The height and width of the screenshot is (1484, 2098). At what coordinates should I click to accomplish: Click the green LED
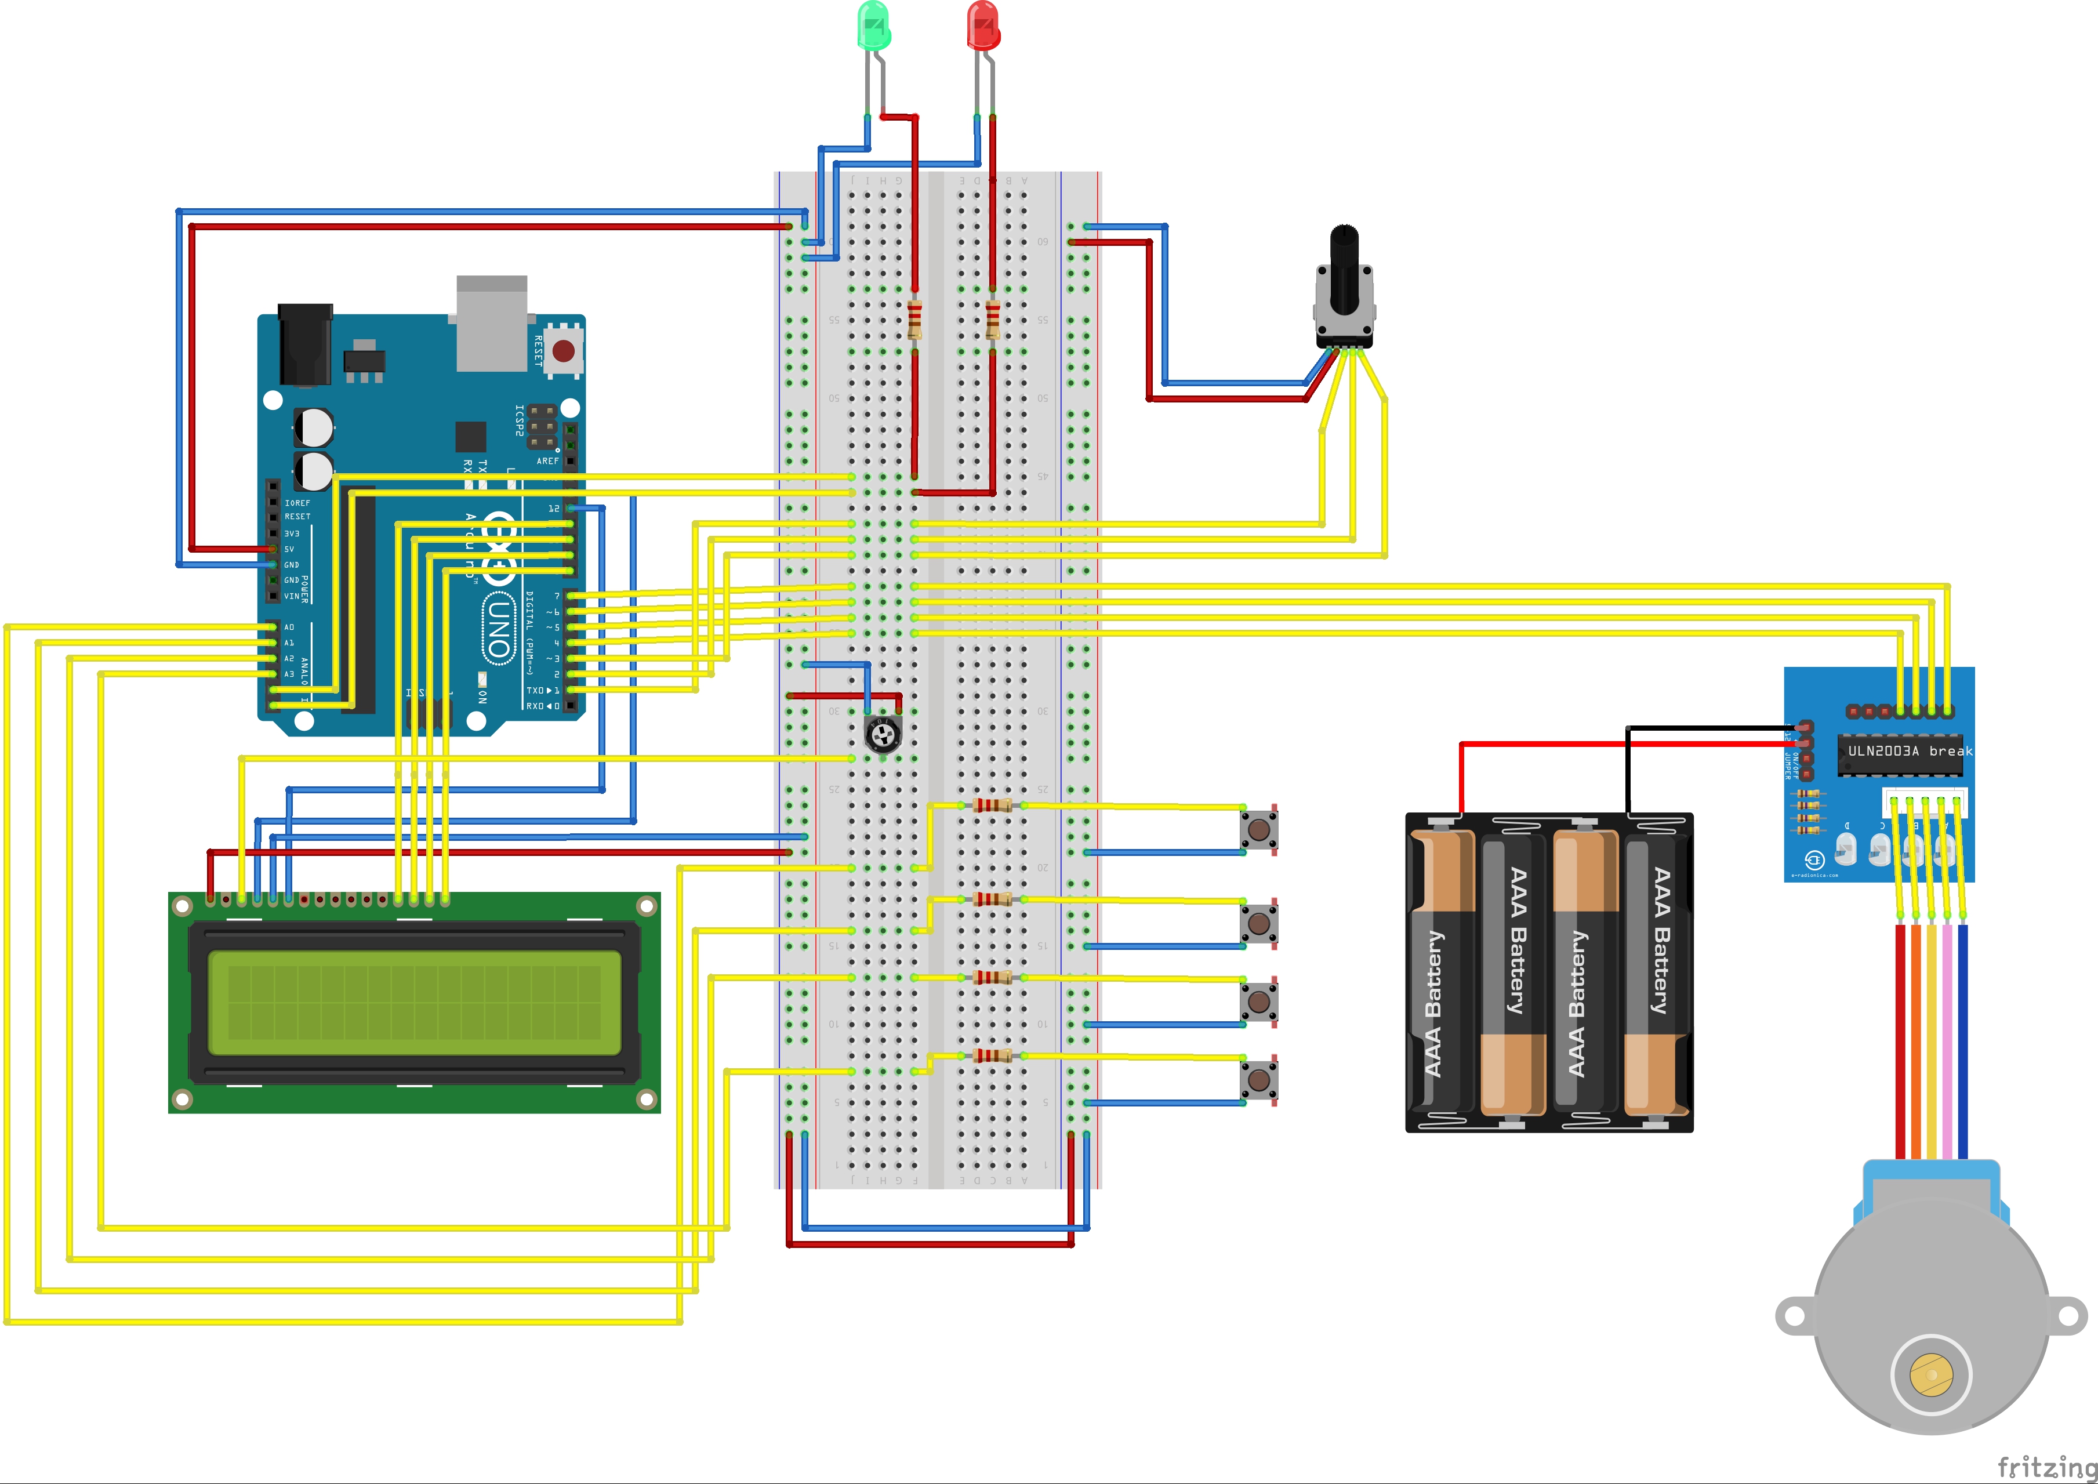pos(873,26)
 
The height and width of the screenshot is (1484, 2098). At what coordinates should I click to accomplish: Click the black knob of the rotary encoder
pos(1343,265)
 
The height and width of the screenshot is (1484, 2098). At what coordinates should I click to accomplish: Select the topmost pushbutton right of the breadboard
pos(1258,829)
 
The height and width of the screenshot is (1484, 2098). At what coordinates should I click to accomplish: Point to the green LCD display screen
pos(414,1003)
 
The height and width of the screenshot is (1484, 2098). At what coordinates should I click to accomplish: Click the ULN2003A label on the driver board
pos(1882,751)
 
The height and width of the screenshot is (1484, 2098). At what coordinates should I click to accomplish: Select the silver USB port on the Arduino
pos(492,322)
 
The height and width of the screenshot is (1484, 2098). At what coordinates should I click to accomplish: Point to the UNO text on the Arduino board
pos(498,628)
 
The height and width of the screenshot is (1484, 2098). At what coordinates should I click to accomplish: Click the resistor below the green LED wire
pos(914,321)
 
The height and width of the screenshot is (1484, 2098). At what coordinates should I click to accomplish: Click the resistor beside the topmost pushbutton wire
pos(992,805)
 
